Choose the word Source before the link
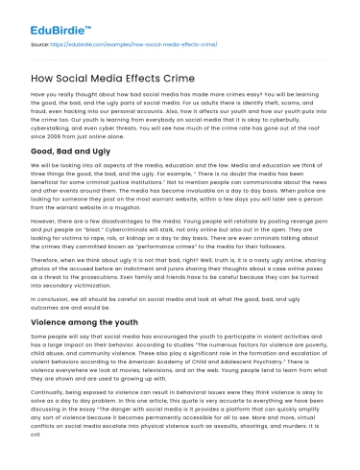[x=40, y=44]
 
